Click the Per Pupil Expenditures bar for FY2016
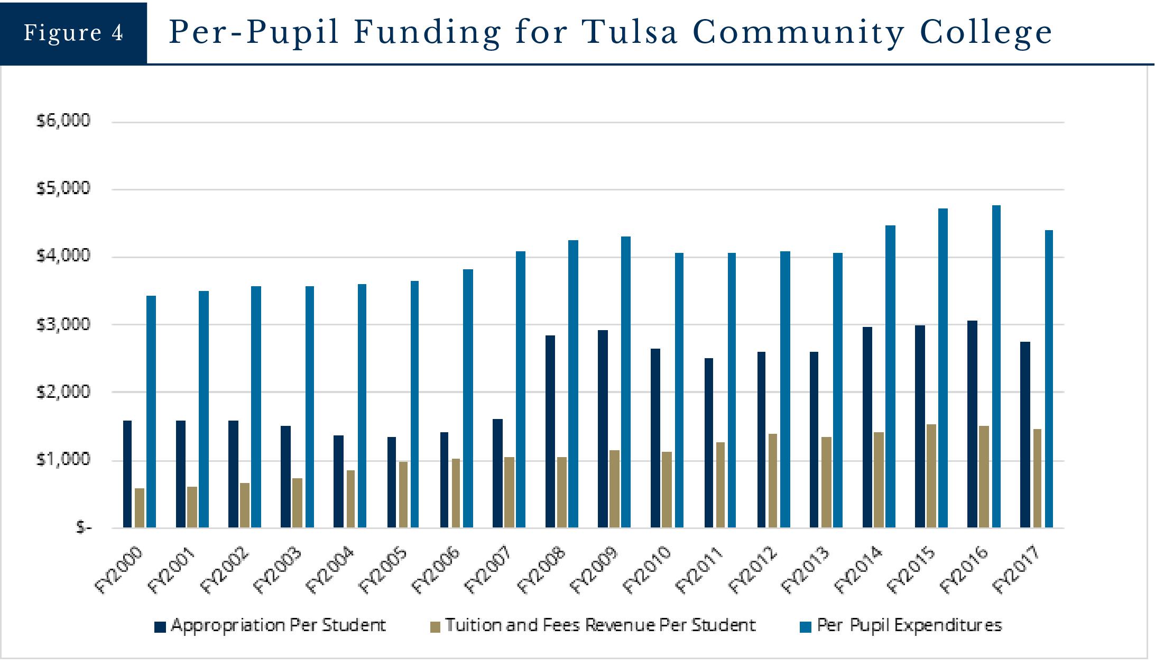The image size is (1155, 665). coord(996,366)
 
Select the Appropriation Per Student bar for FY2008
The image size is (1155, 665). coord(550,431)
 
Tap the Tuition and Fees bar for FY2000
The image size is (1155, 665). coord(140,508)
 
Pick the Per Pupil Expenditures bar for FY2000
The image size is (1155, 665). coord(151,412)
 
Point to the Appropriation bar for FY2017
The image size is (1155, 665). coord(1025,434)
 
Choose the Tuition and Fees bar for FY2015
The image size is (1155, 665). coord(931,476)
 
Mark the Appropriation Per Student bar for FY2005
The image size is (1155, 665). coord(392,482)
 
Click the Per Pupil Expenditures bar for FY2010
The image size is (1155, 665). coord(679,390)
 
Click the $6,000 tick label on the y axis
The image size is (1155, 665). coord(63,121)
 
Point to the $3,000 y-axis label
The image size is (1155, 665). coord(63,324)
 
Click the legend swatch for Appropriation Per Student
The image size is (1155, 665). coord(160,627)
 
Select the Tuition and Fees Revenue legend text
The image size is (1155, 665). coord(600,626)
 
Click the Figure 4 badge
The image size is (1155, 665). coord(73,33)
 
